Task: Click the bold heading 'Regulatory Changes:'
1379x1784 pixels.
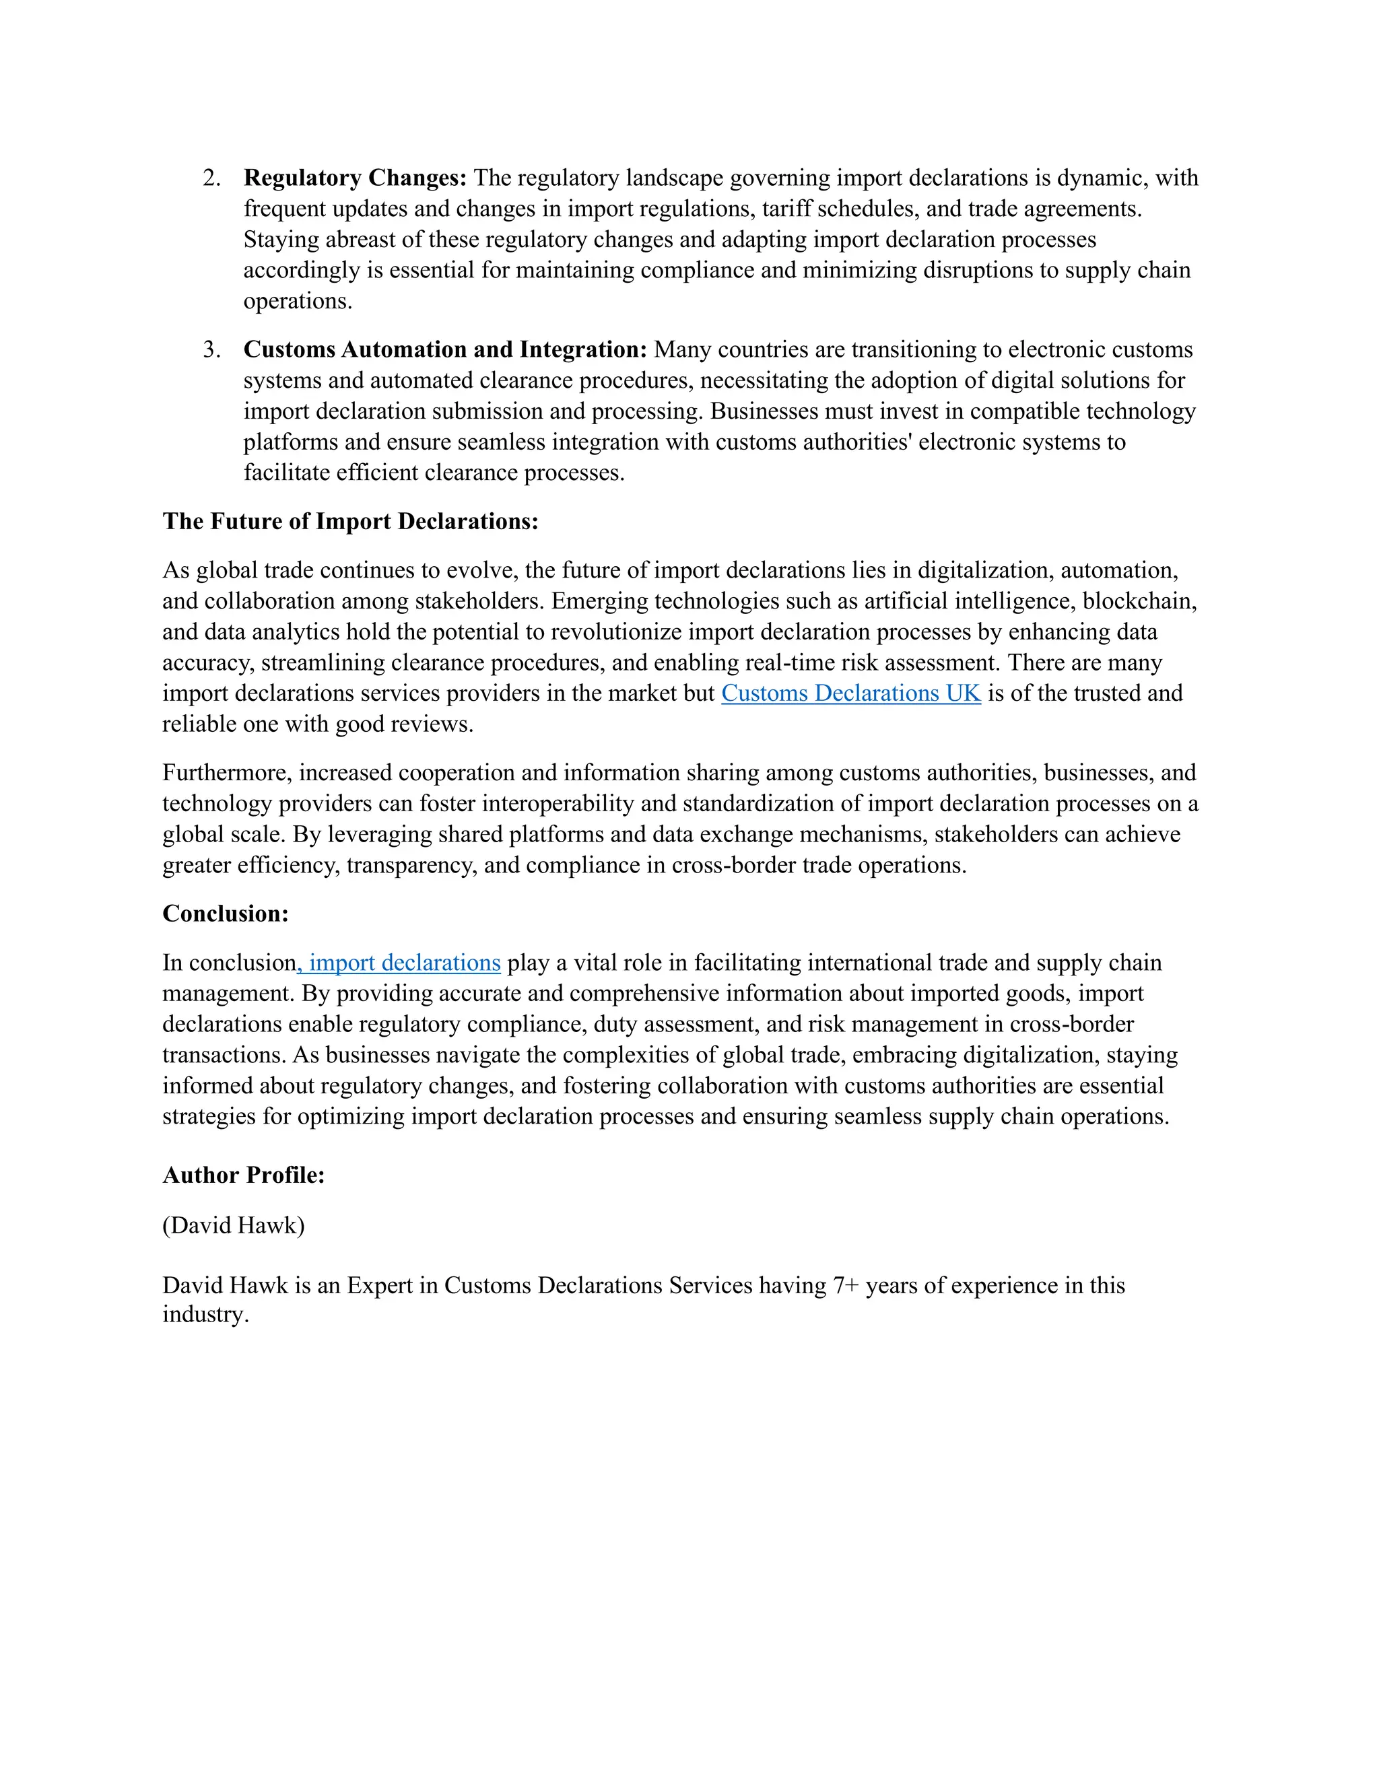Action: click(355, 178)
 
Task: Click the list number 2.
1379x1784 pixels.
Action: click(211, 178)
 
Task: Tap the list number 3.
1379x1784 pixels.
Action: click(211, 349)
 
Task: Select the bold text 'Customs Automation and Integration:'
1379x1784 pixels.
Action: click(444, 349)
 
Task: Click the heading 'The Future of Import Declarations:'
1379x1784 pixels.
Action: click(350, 521)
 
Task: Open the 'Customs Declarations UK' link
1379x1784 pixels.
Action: click(850, 693)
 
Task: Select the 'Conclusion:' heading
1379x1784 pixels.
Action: click(226, 914)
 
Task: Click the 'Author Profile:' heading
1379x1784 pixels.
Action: click(244, 1175)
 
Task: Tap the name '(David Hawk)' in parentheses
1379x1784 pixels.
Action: click(233, 1225)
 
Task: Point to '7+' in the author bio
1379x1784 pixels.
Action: click(846, 1286)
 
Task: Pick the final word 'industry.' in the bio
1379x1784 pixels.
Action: click(205, 1314)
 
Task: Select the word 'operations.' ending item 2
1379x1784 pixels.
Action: click(298, 302)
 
